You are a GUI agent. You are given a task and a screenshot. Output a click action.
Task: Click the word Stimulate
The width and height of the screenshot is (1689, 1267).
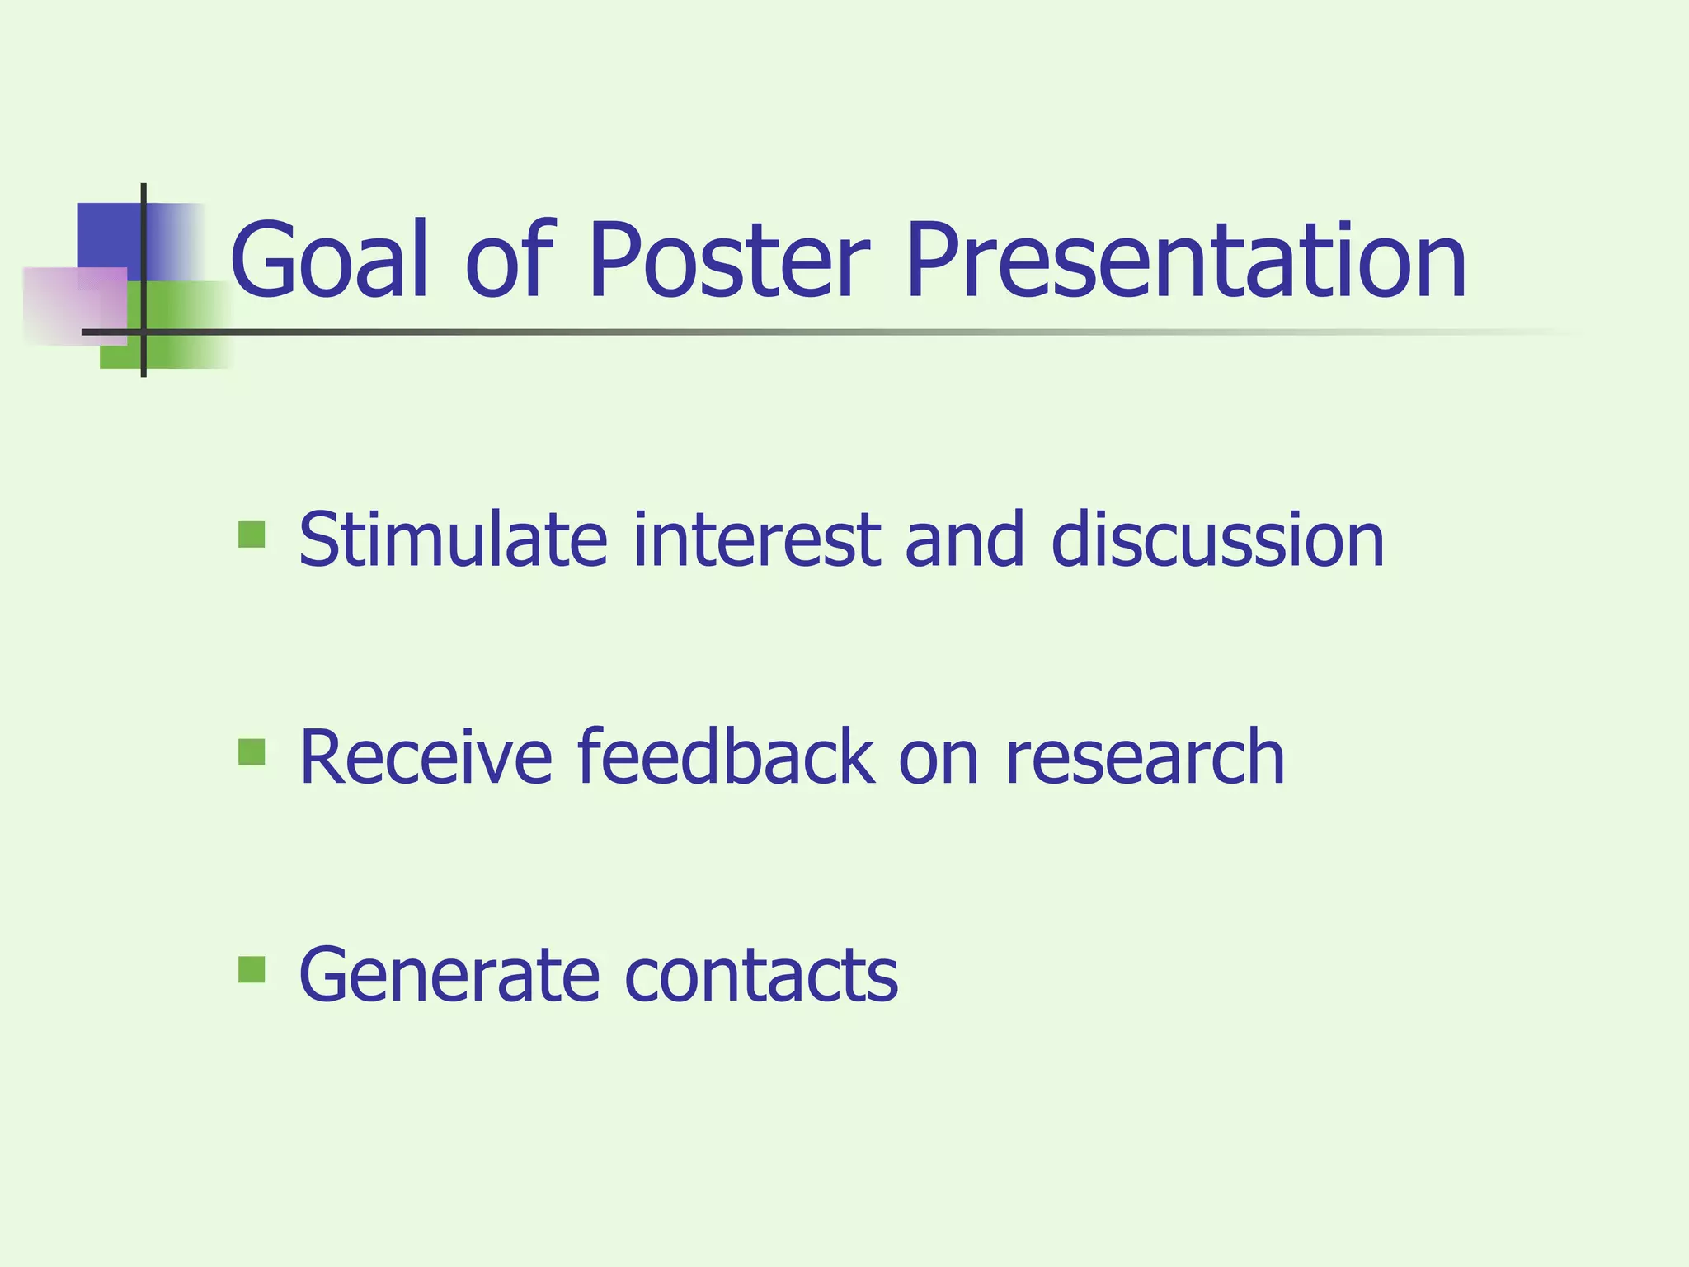point(453,540)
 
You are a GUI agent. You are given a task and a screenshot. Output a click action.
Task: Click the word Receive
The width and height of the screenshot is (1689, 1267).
point(426,757)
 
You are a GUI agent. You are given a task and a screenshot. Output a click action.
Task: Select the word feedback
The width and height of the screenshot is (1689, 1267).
point(725,757)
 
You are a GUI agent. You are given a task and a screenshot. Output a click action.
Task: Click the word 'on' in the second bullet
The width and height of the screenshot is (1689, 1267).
point(939,757)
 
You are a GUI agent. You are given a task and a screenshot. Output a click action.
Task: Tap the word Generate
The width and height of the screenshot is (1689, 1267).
point(449,975)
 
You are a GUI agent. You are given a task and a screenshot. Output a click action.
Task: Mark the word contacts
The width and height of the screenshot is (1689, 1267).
point(760,975)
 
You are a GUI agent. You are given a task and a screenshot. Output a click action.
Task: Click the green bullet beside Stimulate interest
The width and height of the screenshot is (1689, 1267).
point(252,535)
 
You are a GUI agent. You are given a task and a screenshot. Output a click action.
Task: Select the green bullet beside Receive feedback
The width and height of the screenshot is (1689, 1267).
point(252,751)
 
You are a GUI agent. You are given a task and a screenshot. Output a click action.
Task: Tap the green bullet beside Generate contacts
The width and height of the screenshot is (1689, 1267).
point(252,969)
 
